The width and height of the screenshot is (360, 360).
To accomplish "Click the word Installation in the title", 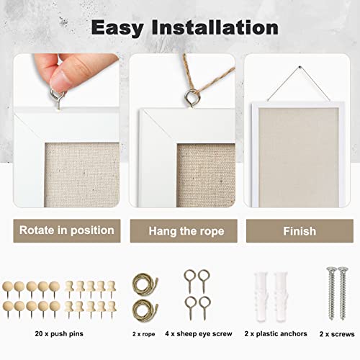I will point(217,28).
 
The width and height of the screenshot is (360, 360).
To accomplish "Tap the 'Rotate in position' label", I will point(67,231).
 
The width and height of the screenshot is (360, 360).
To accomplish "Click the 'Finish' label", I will point(299,231).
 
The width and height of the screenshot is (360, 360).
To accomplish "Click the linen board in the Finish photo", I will point(297,144).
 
